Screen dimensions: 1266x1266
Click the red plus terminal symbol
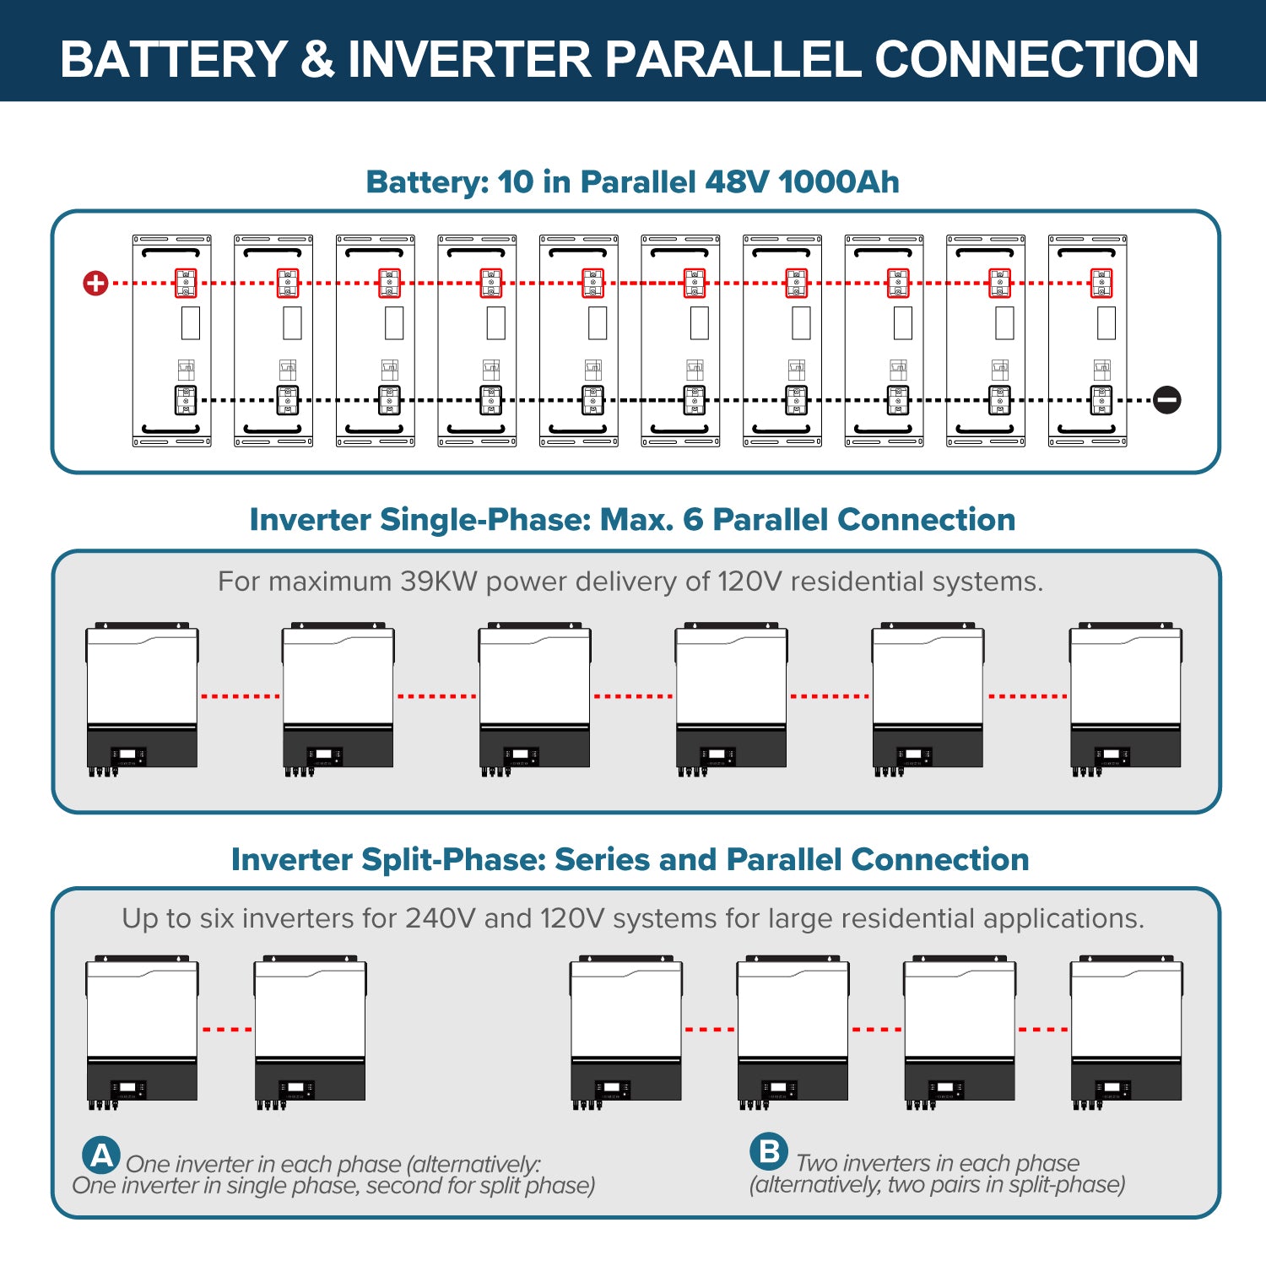95,283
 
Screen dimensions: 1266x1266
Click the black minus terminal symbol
1167,400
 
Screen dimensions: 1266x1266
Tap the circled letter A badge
101,1155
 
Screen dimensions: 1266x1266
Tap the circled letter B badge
769,1152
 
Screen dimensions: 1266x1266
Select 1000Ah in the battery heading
839,181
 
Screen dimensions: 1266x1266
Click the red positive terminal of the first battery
186,284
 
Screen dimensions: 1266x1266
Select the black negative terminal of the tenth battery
1101,400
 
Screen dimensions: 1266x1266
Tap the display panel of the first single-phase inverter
128,755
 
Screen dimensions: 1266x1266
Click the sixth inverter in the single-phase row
1126,696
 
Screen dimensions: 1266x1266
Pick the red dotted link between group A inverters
227,1030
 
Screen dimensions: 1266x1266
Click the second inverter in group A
311,1030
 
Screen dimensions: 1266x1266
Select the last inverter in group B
1126,1030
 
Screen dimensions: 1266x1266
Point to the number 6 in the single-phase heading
692,520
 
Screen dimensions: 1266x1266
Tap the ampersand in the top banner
317,59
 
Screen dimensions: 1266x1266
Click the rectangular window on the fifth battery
598,323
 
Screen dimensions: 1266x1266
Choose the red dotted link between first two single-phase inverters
241,696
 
